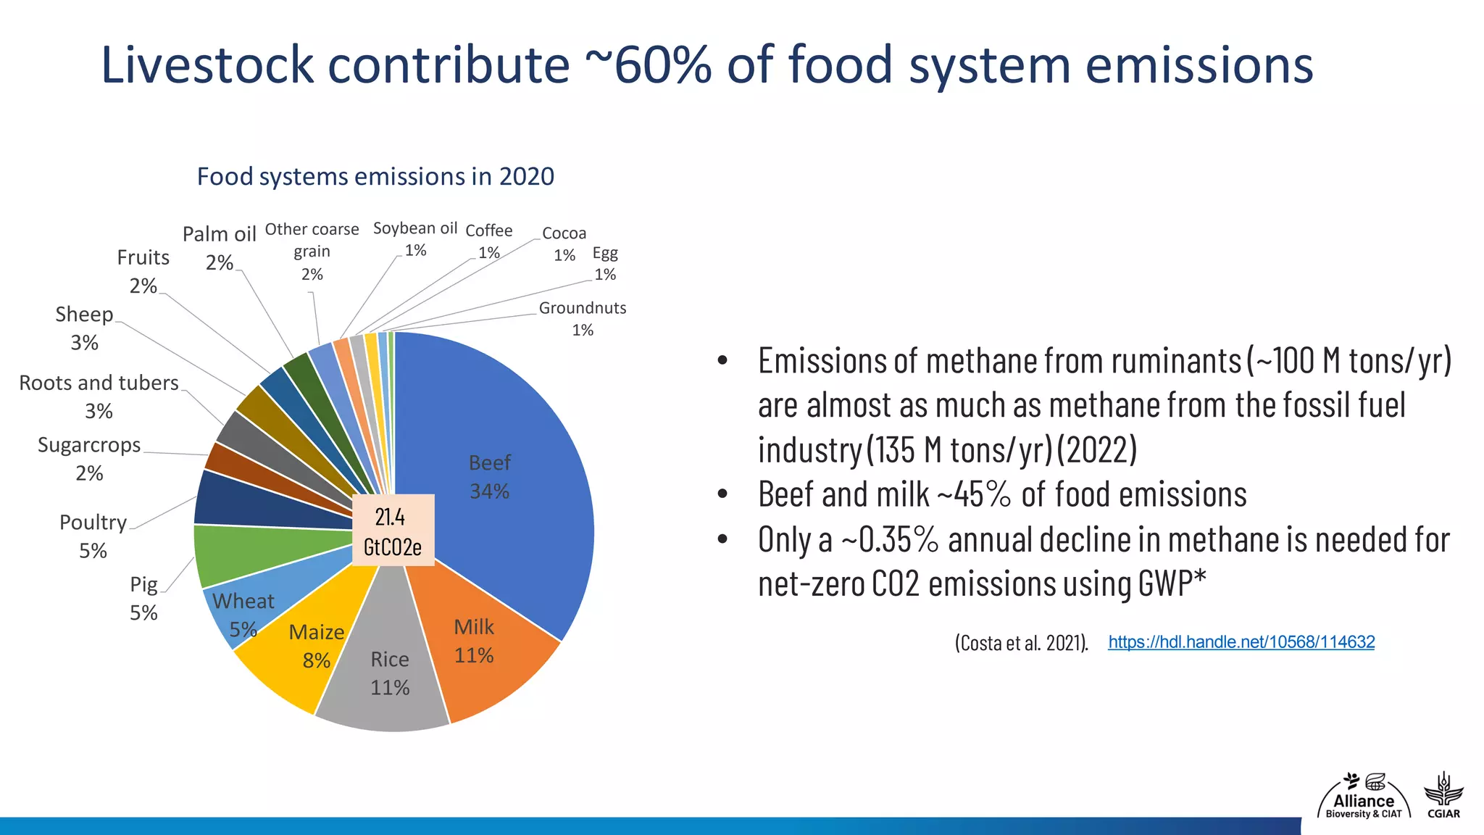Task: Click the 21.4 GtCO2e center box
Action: pos(393,531)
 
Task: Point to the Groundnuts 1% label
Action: pos(582,318)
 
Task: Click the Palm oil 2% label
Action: pos(220,247)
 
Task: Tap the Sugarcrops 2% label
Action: pos(89,458)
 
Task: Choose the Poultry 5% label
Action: pos(93,536)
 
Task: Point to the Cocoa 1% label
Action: pos(564,244)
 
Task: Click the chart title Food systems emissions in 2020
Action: pos(375,176)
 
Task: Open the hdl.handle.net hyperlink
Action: pos(1241,642)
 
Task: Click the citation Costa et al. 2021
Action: pos(1021,643)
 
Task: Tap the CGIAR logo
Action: pos(1443,796)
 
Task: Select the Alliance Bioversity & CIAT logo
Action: pos(1363,797)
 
